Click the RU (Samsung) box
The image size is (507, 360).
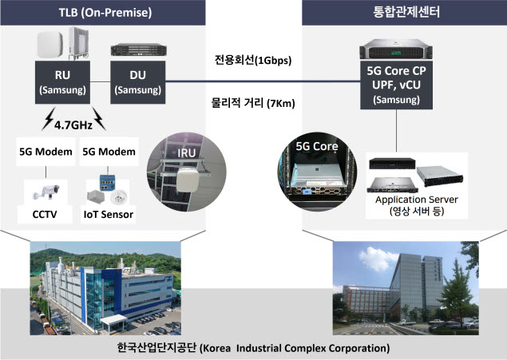pyautogui.click(x=62, y=82)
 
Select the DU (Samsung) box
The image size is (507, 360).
pyautogui.click(x=138, y=82)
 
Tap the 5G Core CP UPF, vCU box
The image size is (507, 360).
pyautogui.click(x=396, y=85)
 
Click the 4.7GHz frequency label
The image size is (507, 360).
pyautogui.click(x=73, y=125)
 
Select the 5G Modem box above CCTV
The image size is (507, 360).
pyautogui.click(x=46, y=152)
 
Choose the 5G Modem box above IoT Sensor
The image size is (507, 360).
pyautogui.click(x=109, y=152)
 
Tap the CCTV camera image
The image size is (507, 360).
pyautogui.click(x=46, y=192)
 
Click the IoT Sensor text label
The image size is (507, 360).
pyautogui.click(x=109, y=214)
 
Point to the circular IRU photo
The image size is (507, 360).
pyautogui.click(x=187, y=172)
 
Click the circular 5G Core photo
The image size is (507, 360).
pyautogui.click(x=317, y=172)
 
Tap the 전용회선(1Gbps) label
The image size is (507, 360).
pyautogui.click(x=253, y=60)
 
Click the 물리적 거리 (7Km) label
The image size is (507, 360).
pyautogui.click(x=253, y=103)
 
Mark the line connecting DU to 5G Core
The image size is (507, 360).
pyautogui.click(x=263, y=81)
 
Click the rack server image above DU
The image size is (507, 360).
pyautogui.click(x=138, y=49)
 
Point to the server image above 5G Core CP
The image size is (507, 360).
pyautogui.click(x=396, y=49)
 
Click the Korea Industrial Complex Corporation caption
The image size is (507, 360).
pyautogui.click(x=253, y=348)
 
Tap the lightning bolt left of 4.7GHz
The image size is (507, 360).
pyautogui.click(x=49, y=119)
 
